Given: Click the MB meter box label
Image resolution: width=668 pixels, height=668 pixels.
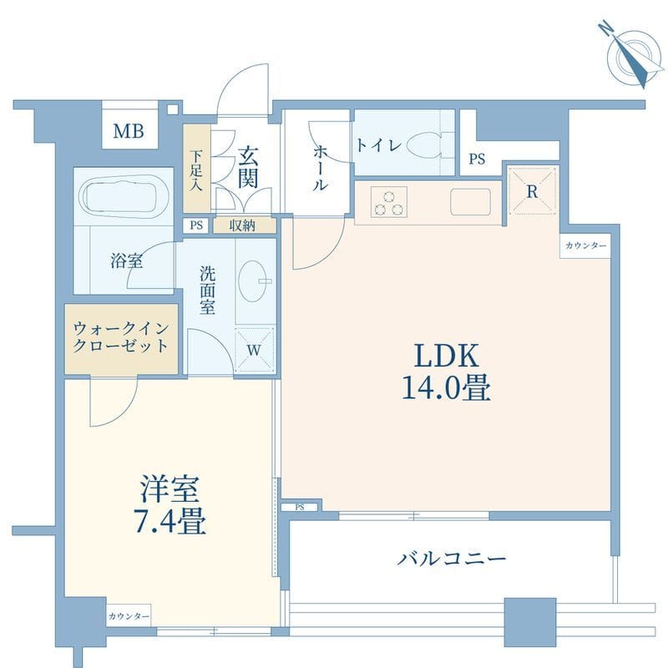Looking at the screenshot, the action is click(x=129, y=131).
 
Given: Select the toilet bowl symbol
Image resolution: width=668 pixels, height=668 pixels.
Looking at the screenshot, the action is click(x=427, y=145).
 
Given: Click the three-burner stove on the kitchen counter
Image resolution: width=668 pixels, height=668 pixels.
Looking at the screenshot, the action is click(x=388, y=203).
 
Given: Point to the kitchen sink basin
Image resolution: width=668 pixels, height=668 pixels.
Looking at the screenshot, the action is click(x=470, y=202).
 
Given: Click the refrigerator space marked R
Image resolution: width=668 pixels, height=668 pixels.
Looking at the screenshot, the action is click(x=532, y=191).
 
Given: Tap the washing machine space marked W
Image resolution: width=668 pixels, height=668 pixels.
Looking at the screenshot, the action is click(x=254, y=350).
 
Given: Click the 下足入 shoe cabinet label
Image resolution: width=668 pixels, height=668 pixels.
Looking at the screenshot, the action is click(x=196, y=170).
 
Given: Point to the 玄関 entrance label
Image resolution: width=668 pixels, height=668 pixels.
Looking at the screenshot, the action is click(x=247, y=167).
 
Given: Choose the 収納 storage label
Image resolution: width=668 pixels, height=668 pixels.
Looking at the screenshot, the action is click(x=242, y=225).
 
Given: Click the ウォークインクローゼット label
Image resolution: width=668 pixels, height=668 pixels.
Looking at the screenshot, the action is click(x=121, y=337).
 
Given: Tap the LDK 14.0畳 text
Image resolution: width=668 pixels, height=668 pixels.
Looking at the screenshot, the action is click(x=446, y=371).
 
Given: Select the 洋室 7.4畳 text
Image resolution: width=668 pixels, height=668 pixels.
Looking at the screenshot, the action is click(x=170, y=505).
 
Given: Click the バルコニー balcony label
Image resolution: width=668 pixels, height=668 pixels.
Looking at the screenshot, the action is click(x=452, y=558).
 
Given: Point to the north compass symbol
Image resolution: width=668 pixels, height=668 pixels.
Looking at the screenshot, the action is click(x=633, y=55).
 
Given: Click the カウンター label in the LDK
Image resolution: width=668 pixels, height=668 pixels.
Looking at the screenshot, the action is click(x=586, y=245).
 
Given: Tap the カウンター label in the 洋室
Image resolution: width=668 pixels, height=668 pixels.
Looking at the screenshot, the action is click(x=129, y=616).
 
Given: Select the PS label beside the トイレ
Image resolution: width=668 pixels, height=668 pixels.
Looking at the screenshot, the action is click(x=477, y=159).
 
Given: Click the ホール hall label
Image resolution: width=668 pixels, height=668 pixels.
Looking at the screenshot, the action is click(x=321, y=168).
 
